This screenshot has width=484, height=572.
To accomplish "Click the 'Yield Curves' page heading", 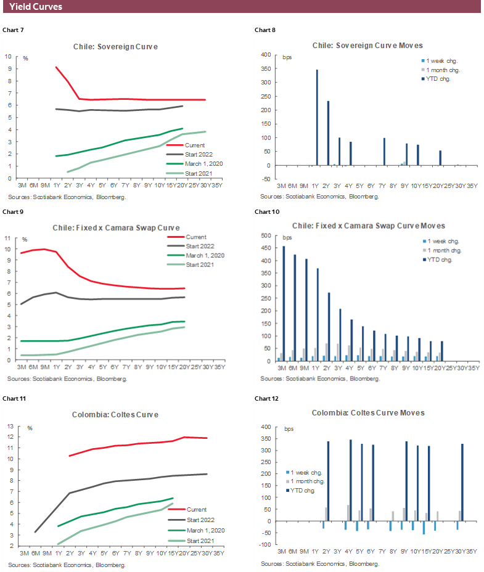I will click(36, 7).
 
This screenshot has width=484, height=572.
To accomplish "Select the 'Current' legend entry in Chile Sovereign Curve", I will click(195, 144).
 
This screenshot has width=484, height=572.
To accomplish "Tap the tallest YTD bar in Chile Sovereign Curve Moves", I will click(317, 117).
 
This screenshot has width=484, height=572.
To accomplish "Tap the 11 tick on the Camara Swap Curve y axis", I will click(8, 238).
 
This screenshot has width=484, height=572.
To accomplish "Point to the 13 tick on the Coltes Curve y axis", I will click(8, 427).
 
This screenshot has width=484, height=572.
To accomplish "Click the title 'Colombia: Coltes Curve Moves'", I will click(367, 412).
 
